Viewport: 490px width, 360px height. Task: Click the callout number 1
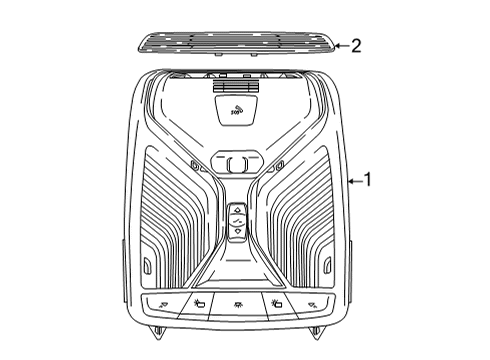coord(368,180)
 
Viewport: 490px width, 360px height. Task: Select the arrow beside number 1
coord(352,181)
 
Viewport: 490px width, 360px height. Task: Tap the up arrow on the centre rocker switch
coord(237,210)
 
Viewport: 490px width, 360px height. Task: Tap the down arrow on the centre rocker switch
coord(237,230)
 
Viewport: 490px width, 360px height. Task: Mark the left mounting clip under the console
coord(157,331)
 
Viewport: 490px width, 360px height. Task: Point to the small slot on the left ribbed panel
coord(148,266)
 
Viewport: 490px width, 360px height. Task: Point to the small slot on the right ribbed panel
coord(327,266)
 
